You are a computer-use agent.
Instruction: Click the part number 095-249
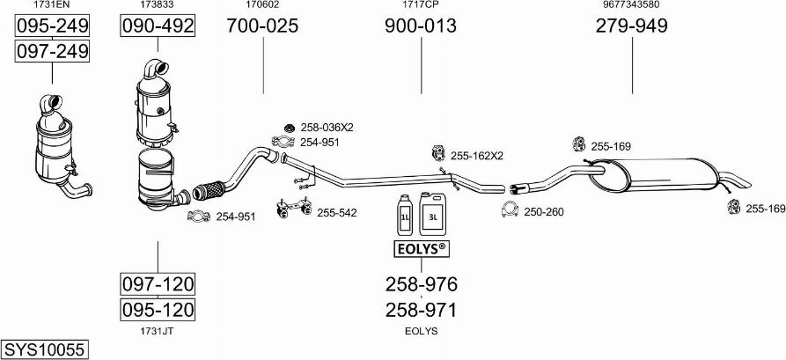coord(52,26)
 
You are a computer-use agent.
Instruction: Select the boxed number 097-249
coord(52,51)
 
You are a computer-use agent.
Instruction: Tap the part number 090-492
coord(158,26)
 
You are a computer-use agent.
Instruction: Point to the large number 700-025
coord(262,26)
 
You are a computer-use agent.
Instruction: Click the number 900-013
coord(421,26)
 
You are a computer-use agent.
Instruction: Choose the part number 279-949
coord(632,26)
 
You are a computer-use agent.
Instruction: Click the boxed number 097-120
coord(158,284)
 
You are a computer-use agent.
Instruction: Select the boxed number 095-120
coord(158,309)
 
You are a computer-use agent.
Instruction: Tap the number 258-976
coord(421,284)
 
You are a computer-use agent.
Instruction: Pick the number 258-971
coord(421,311)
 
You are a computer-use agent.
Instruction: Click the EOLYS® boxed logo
coord(421,249)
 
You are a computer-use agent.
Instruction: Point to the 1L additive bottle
coord(404,217)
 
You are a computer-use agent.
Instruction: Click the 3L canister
coord(432,214)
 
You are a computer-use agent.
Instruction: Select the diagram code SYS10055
coord(44,349)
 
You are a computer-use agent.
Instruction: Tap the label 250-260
coord(543,212)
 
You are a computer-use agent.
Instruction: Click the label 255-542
coord(337,213)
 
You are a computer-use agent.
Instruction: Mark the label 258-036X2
coord(327,128)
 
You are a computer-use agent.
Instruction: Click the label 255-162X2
coord(477,156)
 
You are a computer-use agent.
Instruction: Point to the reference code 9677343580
coord(632,4)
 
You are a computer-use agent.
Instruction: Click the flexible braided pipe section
coord(209,190)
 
